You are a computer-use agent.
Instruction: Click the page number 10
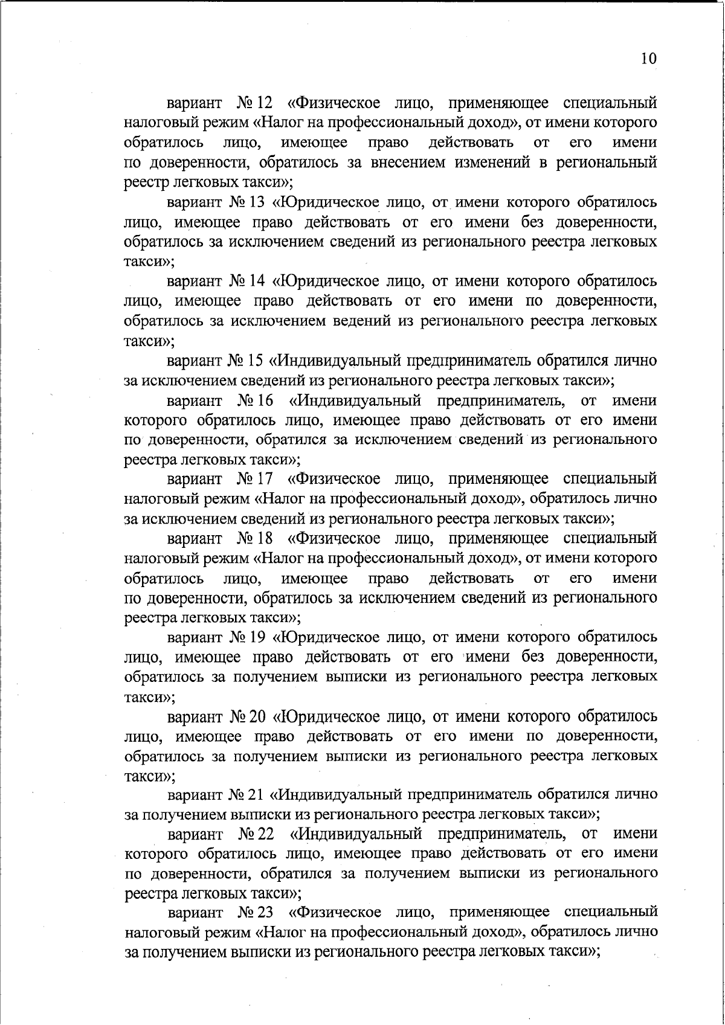(x=648, y=59)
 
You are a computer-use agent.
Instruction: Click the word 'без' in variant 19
(x=536, y=657)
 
